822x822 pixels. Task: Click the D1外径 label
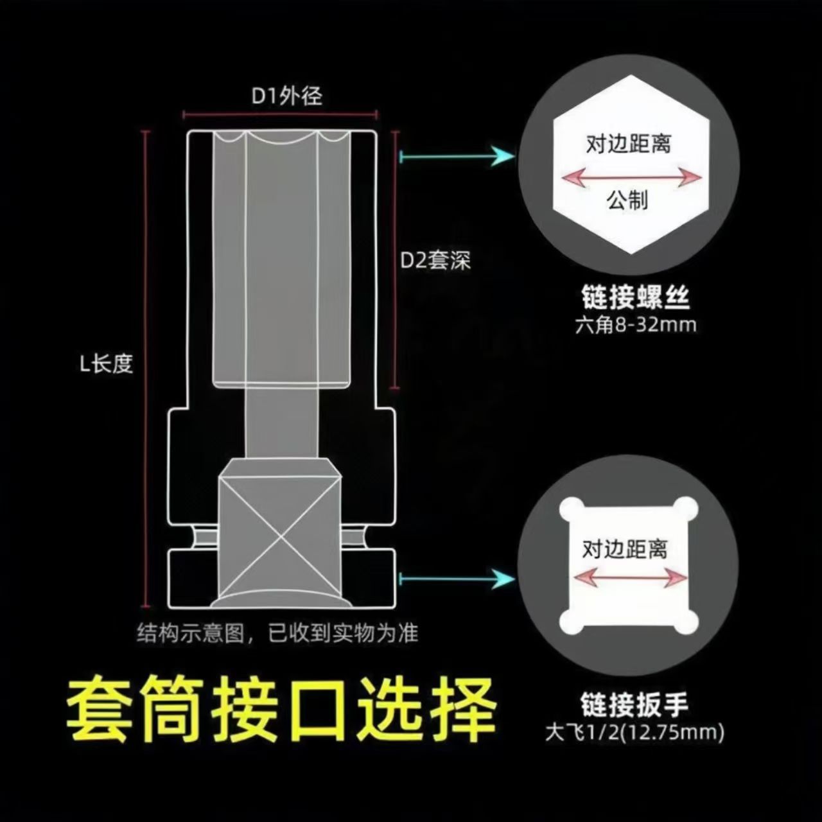(286, 96)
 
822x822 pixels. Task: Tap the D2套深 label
(436, 260)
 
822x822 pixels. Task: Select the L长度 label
(106, 364)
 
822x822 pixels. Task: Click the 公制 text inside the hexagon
(627, 201)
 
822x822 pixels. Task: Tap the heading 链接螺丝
(634, 298)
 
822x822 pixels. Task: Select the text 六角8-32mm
(635, 325)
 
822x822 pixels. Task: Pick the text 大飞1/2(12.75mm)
(634, 733)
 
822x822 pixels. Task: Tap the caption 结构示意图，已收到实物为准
(277, 634)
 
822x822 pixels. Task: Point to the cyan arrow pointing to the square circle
(457, 579)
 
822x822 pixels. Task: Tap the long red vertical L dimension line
(146, 369)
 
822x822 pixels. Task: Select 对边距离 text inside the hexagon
(628, 143)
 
